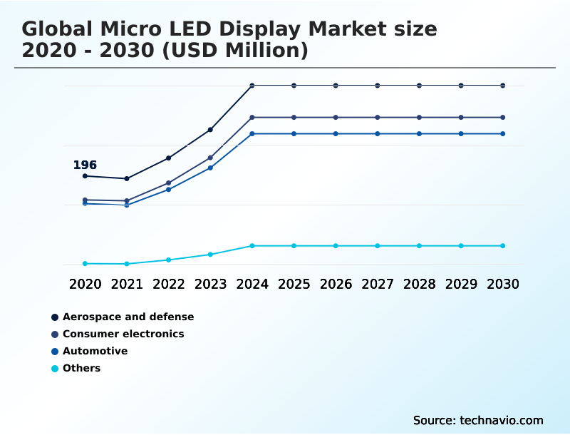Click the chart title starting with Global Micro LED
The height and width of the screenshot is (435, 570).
pyautogui.click(x=229, y=40)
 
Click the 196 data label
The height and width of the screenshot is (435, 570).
pyautogui.click(x=85, y=165)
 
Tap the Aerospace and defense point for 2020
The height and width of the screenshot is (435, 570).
pyautogui.click(x=85, y=176)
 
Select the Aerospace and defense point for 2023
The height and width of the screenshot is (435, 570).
pyautogui.click(x=210, y=130)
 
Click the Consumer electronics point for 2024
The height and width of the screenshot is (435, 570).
pyautogui.click(x=252, y=117)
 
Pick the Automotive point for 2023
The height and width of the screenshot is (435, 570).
pyautogui.click(x=210, y=168)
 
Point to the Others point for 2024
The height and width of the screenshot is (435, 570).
pyautogui.click(x=252, y=246)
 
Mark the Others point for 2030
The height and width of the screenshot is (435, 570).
pyautogui.click(x=502, y=246)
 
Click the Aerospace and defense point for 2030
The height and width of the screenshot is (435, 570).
pyautogui.click(x=502, y=86)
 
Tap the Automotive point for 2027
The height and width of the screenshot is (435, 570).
pyautogui.click(x=378, y=134)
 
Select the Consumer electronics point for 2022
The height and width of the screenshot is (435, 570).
pyautogui.click(x=169, y=183)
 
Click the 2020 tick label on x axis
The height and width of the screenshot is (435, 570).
pyautogui.click(x=85, y=284)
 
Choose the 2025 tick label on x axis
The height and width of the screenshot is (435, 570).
pyautogui.click(x=294, y=284)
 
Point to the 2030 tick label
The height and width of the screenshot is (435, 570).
pyautogui.click(x=502, y=284)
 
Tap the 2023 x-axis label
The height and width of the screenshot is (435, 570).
pyautogui.click(x=210, y=284)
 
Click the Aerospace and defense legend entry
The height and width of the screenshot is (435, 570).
pyautogui.click(x=128, y=317)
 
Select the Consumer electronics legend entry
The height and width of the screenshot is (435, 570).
pyautogui.click(x=123, y=334)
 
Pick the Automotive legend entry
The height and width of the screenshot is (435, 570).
pyautogui.click(x=95, y=351)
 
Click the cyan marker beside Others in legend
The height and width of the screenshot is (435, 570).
pyautogui.click(x=55, y=369)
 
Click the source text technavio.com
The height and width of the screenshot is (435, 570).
pyautogui.click(x=478, y=420)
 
